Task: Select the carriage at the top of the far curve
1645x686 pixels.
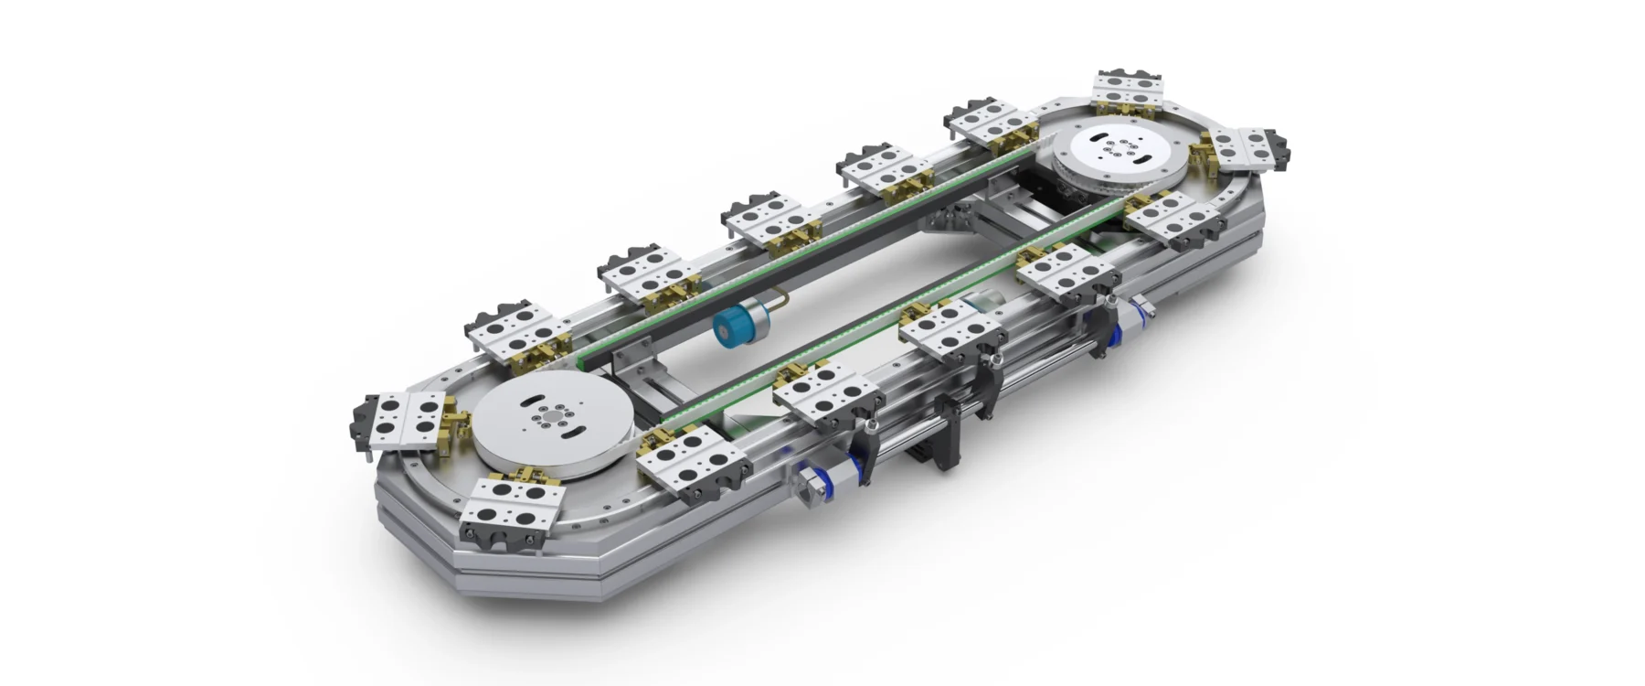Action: click(1130, 91)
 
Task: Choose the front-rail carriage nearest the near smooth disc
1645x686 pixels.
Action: click(685, 462)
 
